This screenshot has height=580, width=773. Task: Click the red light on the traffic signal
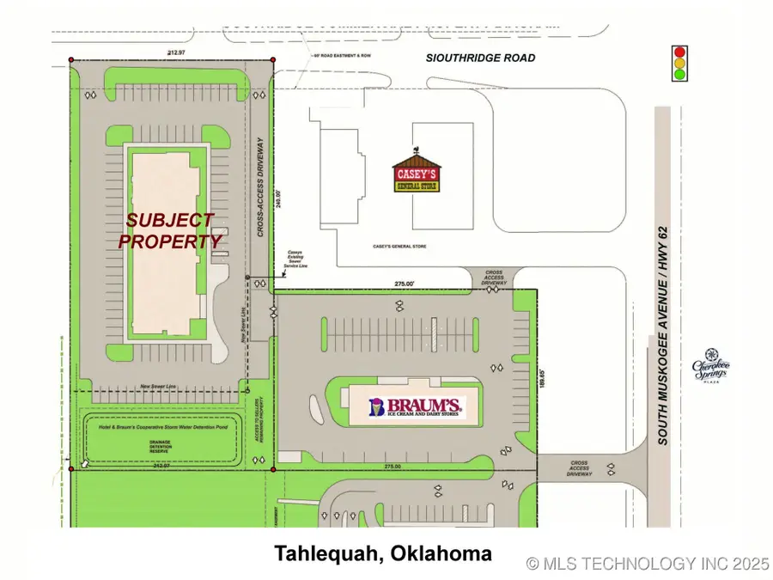pos(679,50)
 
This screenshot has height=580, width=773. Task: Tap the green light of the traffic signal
pos(679,75)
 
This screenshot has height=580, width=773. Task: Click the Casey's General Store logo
pos(417,173)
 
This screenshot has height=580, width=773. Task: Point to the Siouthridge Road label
pos(481,58)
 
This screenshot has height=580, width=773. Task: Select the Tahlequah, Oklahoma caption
pos(383,553)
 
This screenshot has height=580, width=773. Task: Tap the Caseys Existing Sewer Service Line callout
pos(295,259)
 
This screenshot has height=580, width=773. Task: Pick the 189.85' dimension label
pos(542,380)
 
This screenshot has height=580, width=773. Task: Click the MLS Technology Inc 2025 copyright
pos(648,564)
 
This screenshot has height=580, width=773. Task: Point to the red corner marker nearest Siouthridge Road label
pos(273,59)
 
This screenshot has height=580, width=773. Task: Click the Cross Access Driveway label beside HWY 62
pos(580,468)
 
